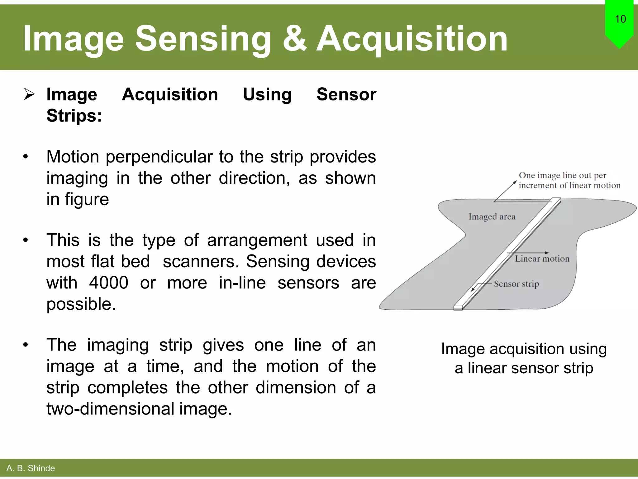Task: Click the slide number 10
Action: [620, 19]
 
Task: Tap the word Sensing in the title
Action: [203, 39]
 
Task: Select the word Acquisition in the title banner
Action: [412, 39]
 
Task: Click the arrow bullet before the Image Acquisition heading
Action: [29, 94]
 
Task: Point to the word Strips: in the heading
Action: [74, 116]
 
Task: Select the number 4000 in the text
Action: [108, 283]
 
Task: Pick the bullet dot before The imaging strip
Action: [26, 345]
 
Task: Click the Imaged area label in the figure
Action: [492, 216]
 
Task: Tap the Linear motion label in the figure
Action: [542, 259]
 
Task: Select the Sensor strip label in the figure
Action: [516, 284]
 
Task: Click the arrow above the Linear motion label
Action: [528, 253]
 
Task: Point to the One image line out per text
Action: [562, 175]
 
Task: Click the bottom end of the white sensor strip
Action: [458, 307]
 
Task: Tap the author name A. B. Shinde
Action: [31, 468]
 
